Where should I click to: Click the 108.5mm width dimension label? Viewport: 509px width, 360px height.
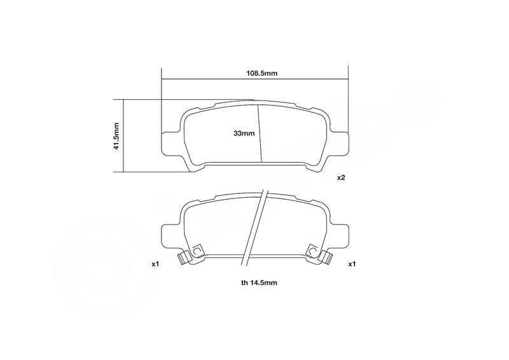coord(262,73)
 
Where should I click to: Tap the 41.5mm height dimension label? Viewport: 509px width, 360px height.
coord(116,136)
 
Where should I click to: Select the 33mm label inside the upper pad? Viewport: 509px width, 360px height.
coord(244,133)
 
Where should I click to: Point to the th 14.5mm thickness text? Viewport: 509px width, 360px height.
coord(259,283)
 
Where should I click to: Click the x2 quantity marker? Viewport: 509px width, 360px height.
coord(341,177)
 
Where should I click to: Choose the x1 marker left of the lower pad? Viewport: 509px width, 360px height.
coord(155,264)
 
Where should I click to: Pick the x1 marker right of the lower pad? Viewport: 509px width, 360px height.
coord(352,264)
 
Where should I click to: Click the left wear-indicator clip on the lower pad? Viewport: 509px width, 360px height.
coord(184,258)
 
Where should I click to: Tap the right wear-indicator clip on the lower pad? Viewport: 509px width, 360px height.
coord(326,258)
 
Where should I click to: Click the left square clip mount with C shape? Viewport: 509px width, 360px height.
coord(197,251)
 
